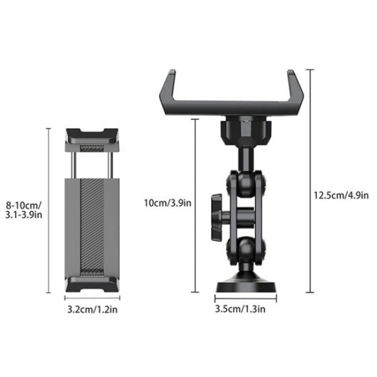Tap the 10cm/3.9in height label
(x=167, y=203)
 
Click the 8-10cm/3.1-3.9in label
(x=25, y=210)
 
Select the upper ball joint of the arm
(x=239, y=179)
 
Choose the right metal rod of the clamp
(x=109, y=163)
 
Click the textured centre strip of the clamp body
(x=92, y=226)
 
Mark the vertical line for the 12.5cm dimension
(x=310, y=181)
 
